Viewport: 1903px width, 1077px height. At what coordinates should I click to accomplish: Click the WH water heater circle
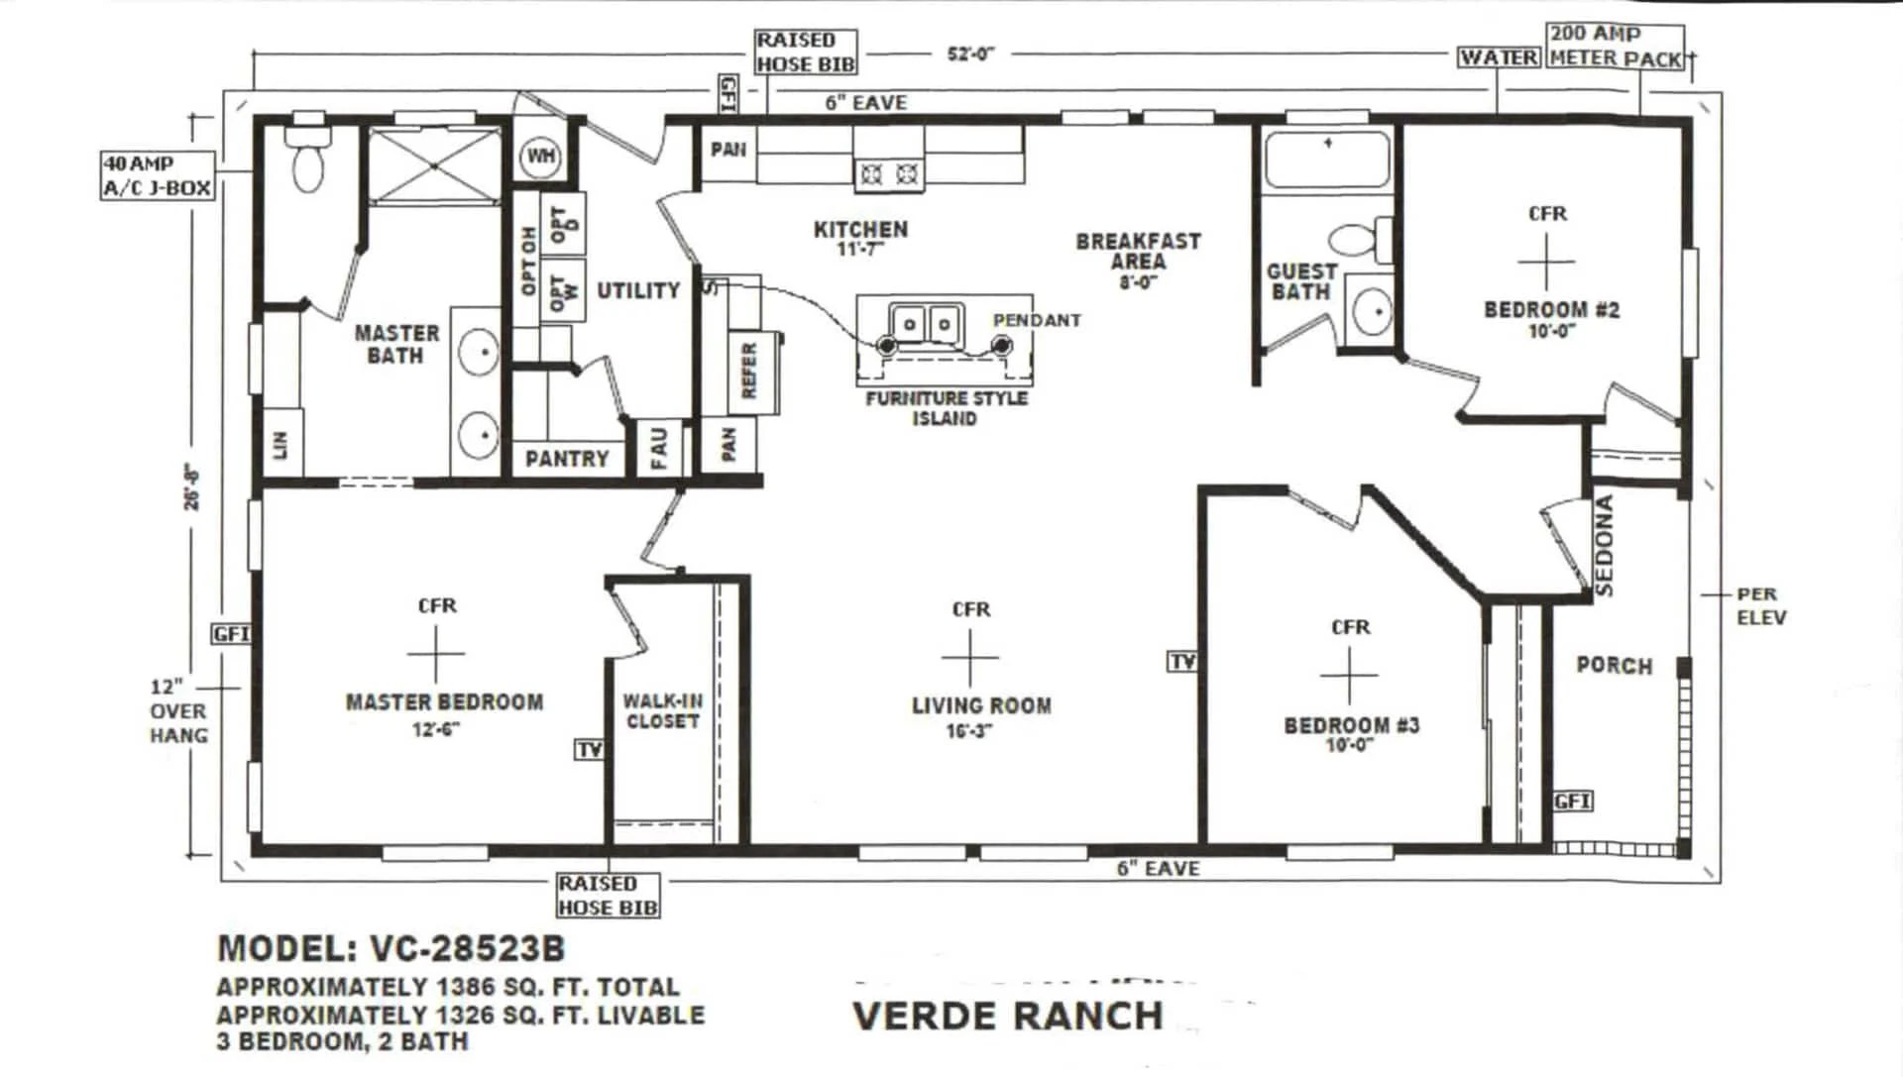pyautogui.click(x=541, y=156)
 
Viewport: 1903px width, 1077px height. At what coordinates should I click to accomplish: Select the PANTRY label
pyautogui.click(x=567, y=459)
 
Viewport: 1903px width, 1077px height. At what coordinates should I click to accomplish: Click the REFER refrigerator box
pyautogui.click(x=750, y=371)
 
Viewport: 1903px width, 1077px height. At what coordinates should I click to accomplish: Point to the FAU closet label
pyautogui.click(x=660, y=447)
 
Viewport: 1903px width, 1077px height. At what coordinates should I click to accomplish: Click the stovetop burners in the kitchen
pyautogui.click(x=889, y=175)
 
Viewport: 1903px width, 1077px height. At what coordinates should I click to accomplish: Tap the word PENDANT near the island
pyautogui.click(x=1037, y=320)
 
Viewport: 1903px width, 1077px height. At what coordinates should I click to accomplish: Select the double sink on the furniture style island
pyautogui.click(x=926, y=323)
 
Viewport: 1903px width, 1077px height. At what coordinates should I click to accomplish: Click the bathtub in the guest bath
pyautogui.click(x=1327, y=160)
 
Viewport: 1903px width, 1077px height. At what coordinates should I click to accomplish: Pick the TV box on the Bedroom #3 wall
pyautogui.click(x=1182, y=662)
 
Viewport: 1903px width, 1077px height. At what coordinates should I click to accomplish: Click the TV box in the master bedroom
pyautogui.click(x=589, y=750)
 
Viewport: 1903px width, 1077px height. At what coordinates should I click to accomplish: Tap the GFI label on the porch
pyautogui.click(x=1572, y=801)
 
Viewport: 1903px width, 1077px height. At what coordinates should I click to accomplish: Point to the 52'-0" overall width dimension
pyautogui.click(x=969, y=54)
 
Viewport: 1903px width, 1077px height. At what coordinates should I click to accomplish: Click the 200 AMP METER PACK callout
pyautogui.click(x=1616, y=47)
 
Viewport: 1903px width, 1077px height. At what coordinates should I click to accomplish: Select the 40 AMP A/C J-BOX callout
pyautogui.click(x=158, y=175)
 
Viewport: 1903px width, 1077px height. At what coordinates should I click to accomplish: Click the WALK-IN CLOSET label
pyautogui.click(x=663, y=711)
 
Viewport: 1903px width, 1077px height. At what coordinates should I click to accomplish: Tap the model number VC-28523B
pyautogui.click(x=466, y=949)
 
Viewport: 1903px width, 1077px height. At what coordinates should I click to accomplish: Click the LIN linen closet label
pyautogui.click(x=280, y=444)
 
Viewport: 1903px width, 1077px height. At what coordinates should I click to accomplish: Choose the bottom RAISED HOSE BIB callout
pyautogui.click(x=607, y=896)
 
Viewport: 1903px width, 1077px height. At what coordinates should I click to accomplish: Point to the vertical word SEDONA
pyautogui.click(x=1605, y=546)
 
